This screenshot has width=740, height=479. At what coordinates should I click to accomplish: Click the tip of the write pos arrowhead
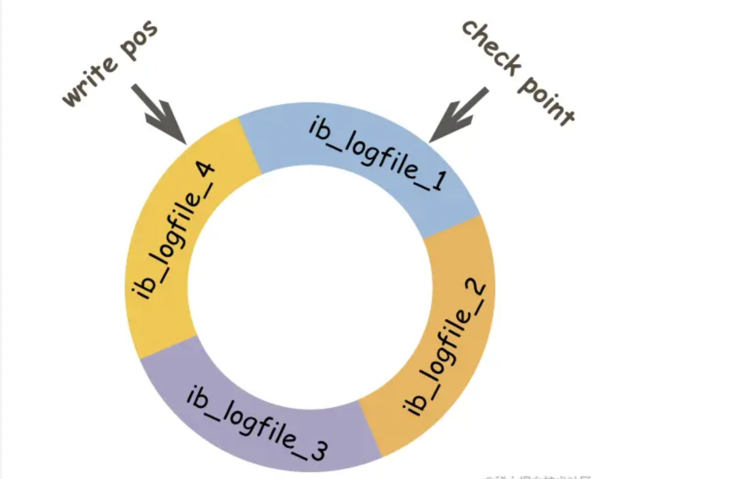click(x=186, y=144)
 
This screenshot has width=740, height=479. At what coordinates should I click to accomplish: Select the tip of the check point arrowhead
click(x=430, y=142)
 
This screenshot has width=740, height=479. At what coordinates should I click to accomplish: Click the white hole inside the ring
click(x=310, y=287)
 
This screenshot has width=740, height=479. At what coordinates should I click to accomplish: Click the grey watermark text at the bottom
click(x=536, y=476)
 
